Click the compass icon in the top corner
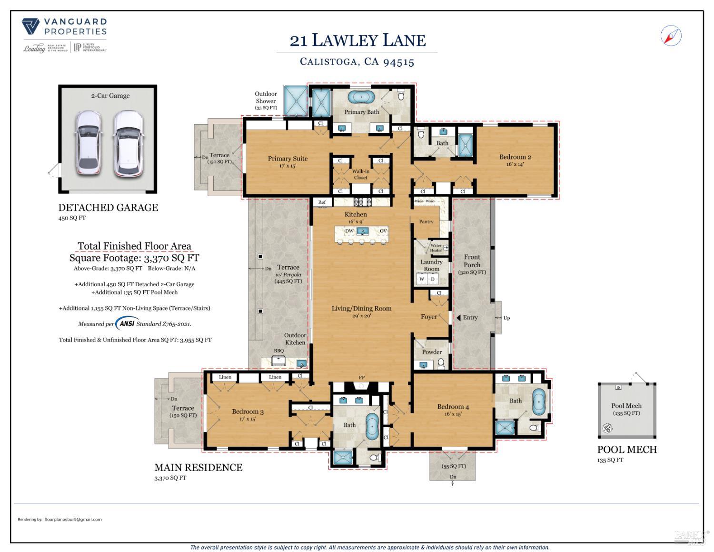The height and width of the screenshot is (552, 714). tap(671, 36)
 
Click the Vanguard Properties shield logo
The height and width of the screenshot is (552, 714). tap(31, 26)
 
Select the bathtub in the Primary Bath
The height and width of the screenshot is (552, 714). tap(361, 97)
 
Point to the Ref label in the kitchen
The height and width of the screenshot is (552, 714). tap(322, 202)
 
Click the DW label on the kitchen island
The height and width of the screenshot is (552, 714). tap(349, 231)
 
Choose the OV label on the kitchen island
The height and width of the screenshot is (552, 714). tap(383, 231)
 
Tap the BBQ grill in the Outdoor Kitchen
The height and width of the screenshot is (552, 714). tap(278, 361)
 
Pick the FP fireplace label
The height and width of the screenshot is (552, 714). tap(362, 378)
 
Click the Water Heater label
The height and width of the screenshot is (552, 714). tap(436, 248)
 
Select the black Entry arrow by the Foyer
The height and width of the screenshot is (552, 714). tap(458, 317)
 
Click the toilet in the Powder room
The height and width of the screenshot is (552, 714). tap(441, 363)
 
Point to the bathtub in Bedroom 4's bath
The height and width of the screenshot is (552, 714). tap(538, 401)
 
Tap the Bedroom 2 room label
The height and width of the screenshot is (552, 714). tap(515, 157)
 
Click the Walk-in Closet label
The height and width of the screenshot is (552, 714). tap(361, 174)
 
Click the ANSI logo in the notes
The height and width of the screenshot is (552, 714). tap(127, 323)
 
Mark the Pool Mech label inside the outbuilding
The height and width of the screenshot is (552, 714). tap(626, 406)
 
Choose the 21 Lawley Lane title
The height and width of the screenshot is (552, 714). tap(357, 40)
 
